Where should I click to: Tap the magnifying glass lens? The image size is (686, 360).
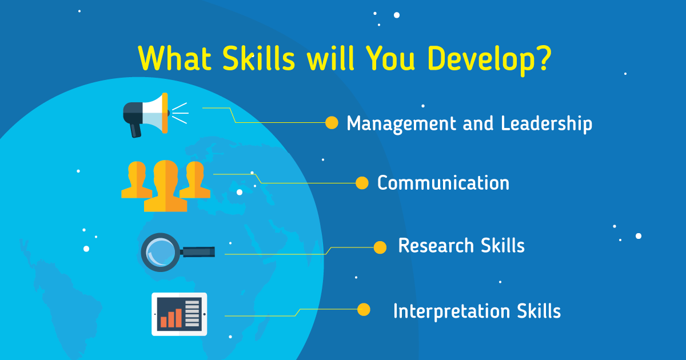160,253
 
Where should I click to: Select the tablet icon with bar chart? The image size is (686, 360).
179,314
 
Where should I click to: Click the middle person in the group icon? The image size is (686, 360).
166,186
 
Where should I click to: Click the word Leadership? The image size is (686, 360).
547,123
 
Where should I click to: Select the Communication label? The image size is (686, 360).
443,183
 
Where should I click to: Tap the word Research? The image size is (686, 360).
436,246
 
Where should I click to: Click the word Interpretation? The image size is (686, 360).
452,311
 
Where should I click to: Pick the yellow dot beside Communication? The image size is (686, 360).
362,183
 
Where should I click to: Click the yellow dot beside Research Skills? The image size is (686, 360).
380,247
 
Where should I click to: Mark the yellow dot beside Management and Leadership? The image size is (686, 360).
332,123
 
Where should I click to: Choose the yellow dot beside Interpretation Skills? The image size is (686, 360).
364,310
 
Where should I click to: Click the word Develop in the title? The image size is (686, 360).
480,59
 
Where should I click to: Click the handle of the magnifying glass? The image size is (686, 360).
198,251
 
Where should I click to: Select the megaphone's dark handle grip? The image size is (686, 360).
135,130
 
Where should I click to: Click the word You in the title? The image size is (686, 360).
391,58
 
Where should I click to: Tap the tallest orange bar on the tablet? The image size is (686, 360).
178,318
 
